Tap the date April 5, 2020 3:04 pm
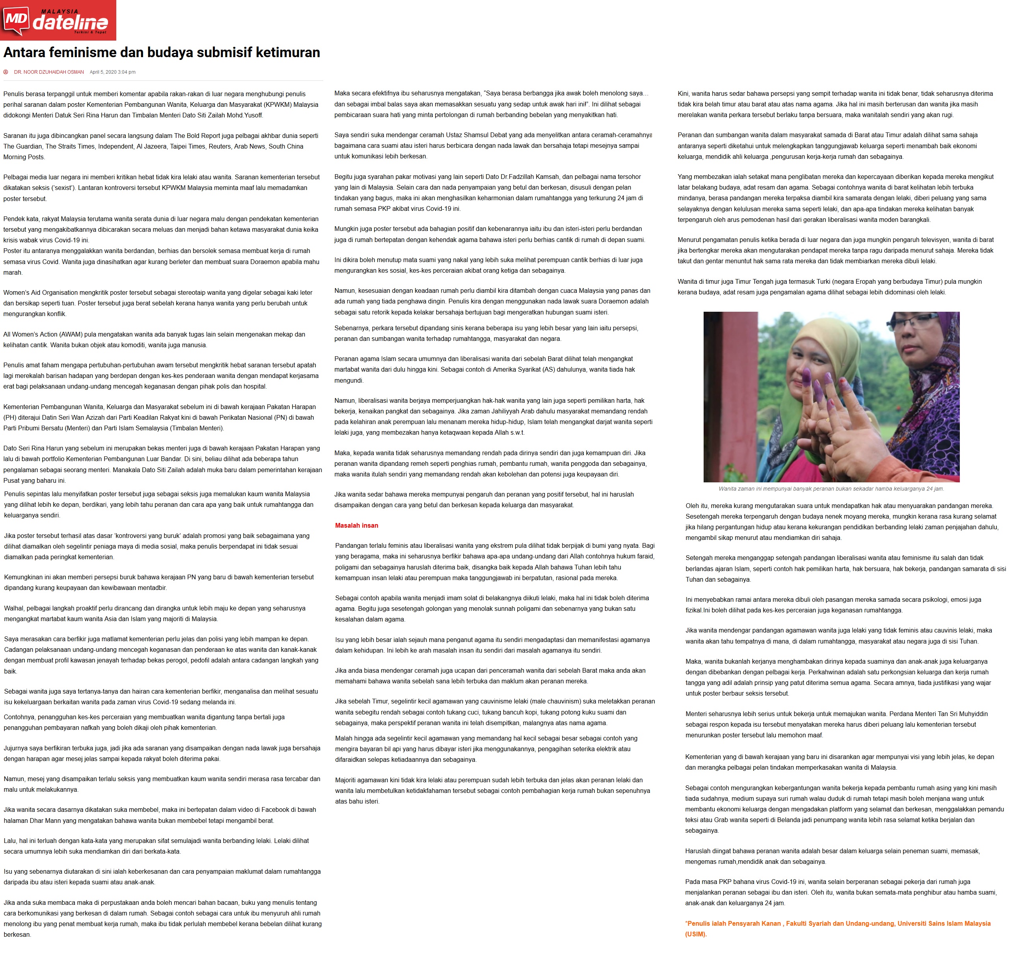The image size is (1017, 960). point(113,72)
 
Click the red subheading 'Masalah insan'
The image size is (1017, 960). point(356,526)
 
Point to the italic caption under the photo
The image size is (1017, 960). point(831,489)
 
